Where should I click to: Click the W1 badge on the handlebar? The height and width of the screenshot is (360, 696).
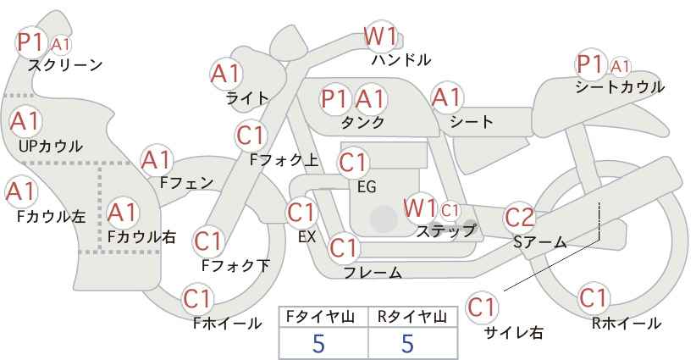(380, 36)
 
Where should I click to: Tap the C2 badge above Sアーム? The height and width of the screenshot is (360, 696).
(520, 218)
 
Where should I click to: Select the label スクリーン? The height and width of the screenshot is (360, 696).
(65, 66)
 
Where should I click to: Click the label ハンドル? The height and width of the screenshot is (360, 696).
(401, 59)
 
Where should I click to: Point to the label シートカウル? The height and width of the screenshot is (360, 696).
(620, 86)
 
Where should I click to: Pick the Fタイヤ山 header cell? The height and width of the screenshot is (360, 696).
(323, 317)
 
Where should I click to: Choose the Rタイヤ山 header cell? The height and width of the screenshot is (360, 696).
(413, 317)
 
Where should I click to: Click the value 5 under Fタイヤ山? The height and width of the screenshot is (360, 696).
(318, 343)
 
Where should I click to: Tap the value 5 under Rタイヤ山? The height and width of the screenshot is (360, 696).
(407, 343)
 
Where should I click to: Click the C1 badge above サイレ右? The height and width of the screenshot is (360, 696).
(482, 307)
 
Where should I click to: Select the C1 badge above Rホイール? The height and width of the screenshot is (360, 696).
(593, 298)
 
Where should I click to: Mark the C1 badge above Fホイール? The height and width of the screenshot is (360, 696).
(197, 299)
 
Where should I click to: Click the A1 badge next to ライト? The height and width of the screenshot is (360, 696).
(225, 74)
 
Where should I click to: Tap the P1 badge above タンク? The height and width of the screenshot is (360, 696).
(334, 98)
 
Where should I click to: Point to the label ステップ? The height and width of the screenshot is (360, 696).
(445, 231)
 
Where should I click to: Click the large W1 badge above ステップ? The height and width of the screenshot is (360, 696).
(419, 208)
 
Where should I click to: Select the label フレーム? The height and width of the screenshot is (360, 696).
(373, 272)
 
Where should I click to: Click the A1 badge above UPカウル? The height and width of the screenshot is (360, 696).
(25, 121)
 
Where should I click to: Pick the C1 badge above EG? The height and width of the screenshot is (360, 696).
(353, 163)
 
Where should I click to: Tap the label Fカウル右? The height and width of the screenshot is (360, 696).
(141, 236)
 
